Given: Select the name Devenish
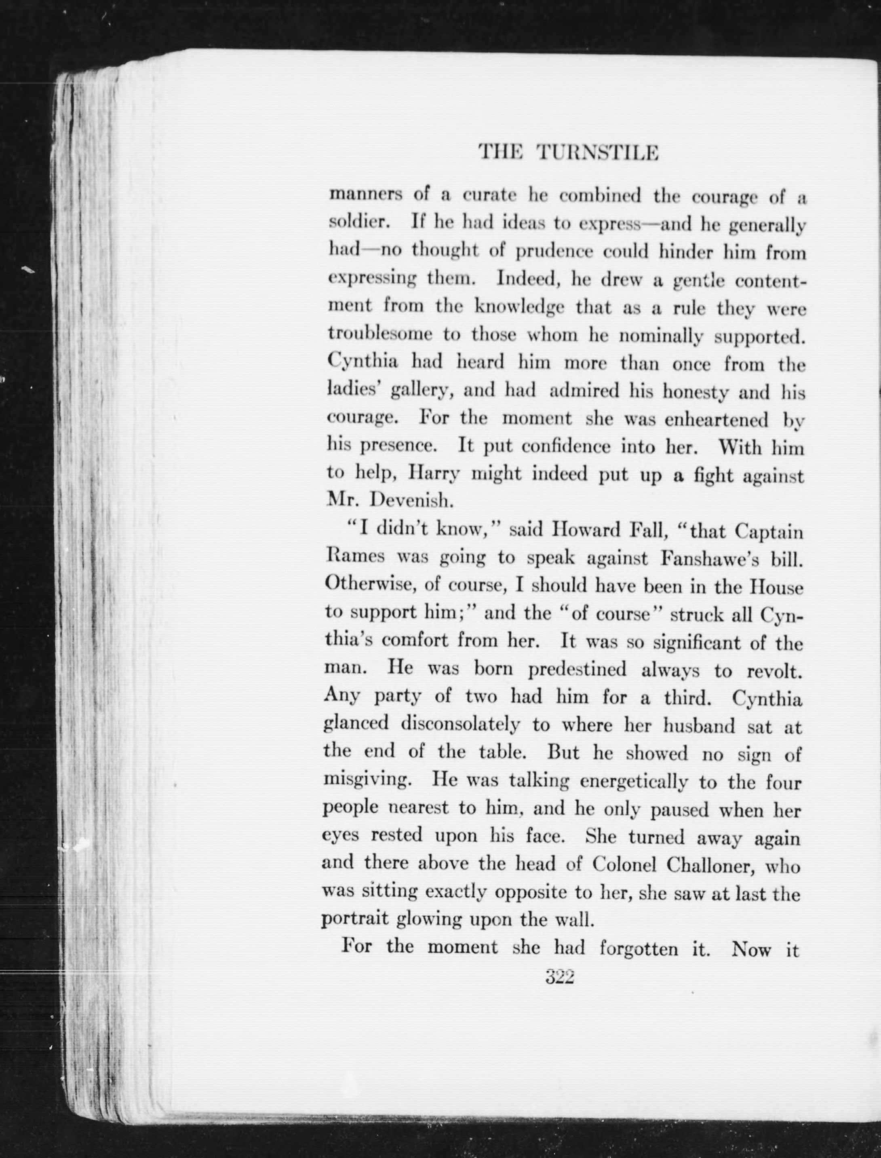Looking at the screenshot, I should [411, 501].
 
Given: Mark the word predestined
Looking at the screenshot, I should [577, 670].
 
